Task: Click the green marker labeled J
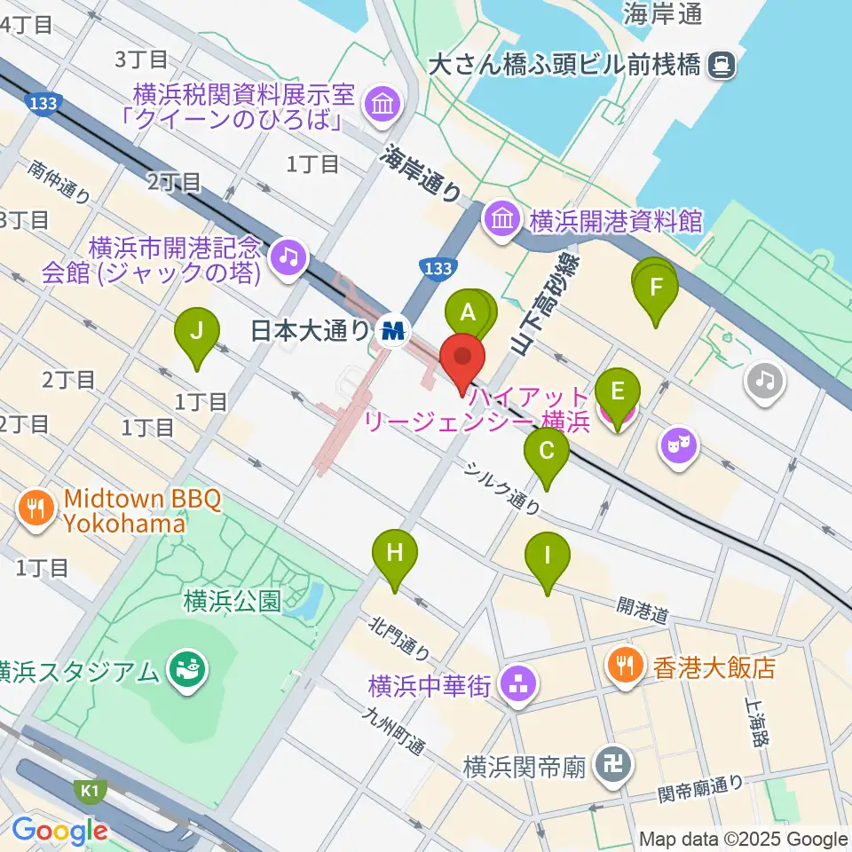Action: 197,334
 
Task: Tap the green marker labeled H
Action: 395,556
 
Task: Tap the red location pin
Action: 462,359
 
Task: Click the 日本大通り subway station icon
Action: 391,331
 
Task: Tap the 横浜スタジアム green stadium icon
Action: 187,667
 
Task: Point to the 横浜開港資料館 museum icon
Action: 501,217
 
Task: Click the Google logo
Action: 59,831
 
